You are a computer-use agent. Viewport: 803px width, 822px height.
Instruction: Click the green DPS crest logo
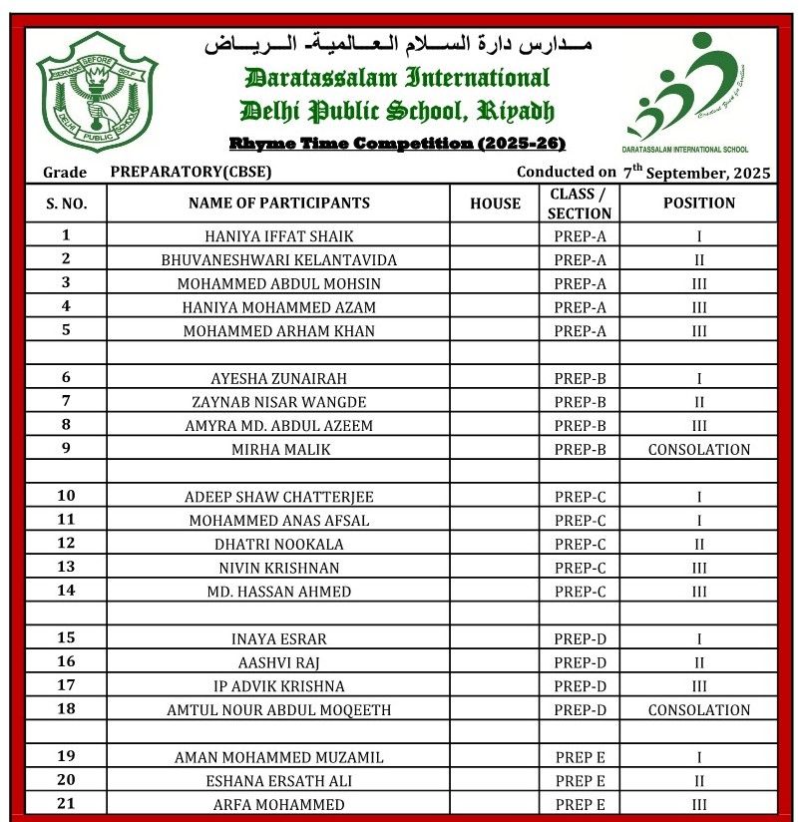coord(97,92)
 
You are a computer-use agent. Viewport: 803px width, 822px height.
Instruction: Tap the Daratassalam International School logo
coord(687,93)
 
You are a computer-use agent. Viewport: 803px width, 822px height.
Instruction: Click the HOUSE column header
coord(496,204)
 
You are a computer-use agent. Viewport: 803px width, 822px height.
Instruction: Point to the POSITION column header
coord(699,203)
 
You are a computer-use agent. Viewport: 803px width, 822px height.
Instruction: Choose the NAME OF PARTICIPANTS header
coord(279,203)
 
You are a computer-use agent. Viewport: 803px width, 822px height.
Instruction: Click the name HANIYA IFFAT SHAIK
coord(279,236)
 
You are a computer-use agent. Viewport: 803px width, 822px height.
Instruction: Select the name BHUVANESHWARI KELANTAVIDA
coord(279,260)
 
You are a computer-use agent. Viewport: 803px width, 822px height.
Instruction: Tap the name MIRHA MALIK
coord(279,449)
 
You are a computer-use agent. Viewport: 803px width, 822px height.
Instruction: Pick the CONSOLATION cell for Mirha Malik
coord(699,449)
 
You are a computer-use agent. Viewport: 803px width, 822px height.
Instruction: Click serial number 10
coord(66,496)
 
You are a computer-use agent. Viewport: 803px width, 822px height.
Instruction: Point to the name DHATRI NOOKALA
coord(279,544)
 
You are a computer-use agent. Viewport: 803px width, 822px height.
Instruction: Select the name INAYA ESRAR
coord(279,638)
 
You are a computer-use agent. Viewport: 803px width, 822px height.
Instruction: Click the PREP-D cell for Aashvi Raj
coord(580,662)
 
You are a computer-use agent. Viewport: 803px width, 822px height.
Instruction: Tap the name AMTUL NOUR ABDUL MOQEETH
coord(279,710)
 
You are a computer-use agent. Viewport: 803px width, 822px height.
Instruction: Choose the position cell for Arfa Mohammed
coord(699,805)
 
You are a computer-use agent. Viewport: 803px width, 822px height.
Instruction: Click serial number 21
coord(66,804)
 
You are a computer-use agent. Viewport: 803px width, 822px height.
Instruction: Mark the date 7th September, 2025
coord(697,172)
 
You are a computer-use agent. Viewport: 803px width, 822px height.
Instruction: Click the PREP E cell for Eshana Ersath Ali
coord(580,781)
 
